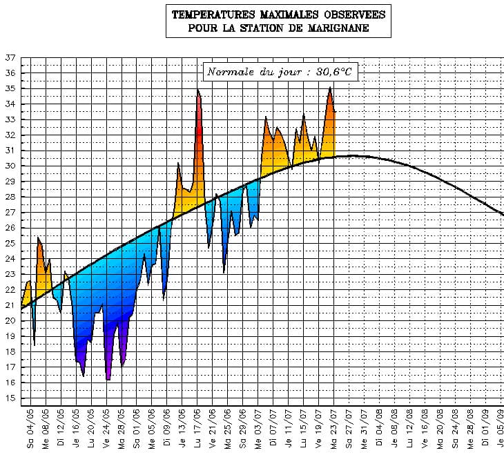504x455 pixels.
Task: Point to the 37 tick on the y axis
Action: click(10, 58)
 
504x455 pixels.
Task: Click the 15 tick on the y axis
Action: click(10, 398)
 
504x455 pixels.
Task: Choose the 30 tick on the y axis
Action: click(10, 166)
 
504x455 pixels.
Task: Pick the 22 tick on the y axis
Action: click(10, 290)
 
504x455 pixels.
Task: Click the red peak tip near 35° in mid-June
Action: click(198, 90)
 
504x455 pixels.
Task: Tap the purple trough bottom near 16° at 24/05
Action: click(108, 379)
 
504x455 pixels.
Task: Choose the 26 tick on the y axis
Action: click(10, 229)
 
